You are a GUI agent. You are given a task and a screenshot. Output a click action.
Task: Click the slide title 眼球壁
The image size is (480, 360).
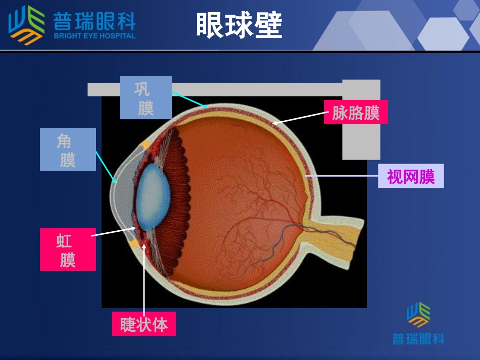239,25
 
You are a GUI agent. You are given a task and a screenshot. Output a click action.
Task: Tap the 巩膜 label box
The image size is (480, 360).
146,97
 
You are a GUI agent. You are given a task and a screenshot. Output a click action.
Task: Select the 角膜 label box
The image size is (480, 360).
68,149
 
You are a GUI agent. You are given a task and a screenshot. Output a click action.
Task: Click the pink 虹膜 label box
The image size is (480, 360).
68,249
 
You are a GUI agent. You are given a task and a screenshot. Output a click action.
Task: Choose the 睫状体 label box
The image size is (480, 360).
144,324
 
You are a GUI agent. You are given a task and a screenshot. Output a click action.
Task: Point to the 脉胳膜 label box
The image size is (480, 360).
356,112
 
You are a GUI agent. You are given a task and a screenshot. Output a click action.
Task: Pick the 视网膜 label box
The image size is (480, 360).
411,176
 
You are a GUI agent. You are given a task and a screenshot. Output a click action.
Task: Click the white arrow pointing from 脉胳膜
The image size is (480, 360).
298,118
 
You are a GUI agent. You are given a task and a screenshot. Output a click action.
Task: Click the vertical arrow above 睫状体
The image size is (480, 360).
144,278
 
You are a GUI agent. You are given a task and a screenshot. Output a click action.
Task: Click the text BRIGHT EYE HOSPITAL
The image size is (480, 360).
94,36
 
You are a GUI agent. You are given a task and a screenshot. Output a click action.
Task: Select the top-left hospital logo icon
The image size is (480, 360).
26,24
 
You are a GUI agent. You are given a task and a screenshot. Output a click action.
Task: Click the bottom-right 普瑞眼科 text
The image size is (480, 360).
418,338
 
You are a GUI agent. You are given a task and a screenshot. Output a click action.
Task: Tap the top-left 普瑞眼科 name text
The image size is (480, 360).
94,21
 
